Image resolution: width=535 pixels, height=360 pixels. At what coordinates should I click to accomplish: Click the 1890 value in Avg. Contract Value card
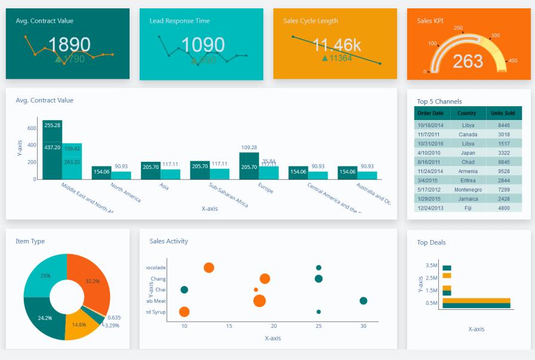click(69, 45)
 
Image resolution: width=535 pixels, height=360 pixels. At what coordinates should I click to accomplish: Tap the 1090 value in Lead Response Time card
click(203, 45)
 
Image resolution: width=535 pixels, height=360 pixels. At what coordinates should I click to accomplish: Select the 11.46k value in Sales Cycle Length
click(337, 45)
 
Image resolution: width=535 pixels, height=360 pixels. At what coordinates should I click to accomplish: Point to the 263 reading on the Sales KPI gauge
click(468, 61)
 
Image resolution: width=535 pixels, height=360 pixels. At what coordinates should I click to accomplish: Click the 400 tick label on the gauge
click(512, 60)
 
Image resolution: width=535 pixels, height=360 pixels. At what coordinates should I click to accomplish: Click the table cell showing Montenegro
click(467, 189)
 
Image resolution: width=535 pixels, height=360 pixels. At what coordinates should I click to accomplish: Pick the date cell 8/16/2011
click(431, 162)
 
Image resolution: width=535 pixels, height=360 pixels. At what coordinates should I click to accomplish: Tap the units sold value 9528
click(503, 171)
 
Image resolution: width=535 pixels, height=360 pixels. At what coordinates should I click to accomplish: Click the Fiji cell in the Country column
click(467, 208)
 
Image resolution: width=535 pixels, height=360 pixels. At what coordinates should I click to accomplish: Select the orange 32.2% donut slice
click(89, 277)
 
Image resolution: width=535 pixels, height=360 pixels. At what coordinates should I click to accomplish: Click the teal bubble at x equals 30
click(363, 301)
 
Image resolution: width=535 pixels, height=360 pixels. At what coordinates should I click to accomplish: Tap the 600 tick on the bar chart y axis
click(32, 128)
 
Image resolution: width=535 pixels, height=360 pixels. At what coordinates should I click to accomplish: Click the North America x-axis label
click(126, 192)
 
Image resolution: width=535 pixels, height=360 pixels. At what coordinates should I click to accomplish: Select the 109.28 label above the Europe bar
click(249, 147)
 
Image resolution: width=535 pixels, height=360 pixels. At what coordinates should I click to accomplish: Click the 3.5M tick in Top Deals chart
click(431, 265)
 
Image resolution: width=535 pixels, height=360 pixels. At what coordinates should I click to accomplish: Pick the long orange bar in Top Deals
click(476, 300)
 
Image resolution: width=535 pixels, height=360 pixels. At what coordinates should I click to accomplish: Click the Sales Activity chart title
click(168, 241)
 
